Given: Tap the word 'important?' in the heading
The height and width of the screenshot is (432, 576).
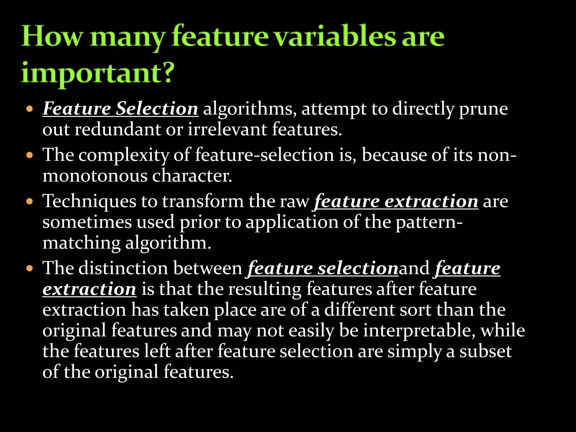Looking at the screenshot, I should (98, 73).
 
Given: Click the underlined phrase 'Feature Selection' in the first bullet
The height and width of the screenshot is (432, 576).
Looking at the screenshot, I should (120, 109).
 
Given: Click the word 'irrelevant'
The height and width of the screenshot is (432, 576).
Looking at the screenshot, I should (227, 130).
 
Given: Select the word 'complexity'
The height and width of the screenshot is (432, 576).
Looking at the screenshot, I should (123, 155).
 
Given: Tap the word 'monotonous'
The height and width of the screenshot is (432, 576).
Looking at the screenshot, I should (95, 176).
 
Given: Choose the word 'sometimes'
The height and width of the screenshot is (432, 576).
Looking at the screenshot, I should (87, 222).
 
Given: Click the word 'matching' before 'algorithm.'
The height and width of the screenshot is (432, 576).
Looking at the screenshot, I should (81, 243).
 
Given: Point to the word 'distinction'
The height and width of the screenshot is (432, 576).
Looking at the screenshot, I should (123, 268).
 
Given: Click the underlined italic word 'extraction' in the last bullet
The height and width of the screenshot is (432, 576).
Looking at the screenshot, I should (89, 289).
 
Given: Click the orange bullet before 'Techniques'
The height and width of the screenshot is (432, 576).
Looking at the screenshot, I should (30, 202).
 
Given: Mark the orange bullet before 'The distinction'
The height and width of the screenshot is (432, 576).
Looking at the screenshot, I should (30, 268).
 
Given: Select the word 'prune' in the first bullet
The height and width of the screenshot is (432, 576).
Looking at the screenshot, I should (483, 109).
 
